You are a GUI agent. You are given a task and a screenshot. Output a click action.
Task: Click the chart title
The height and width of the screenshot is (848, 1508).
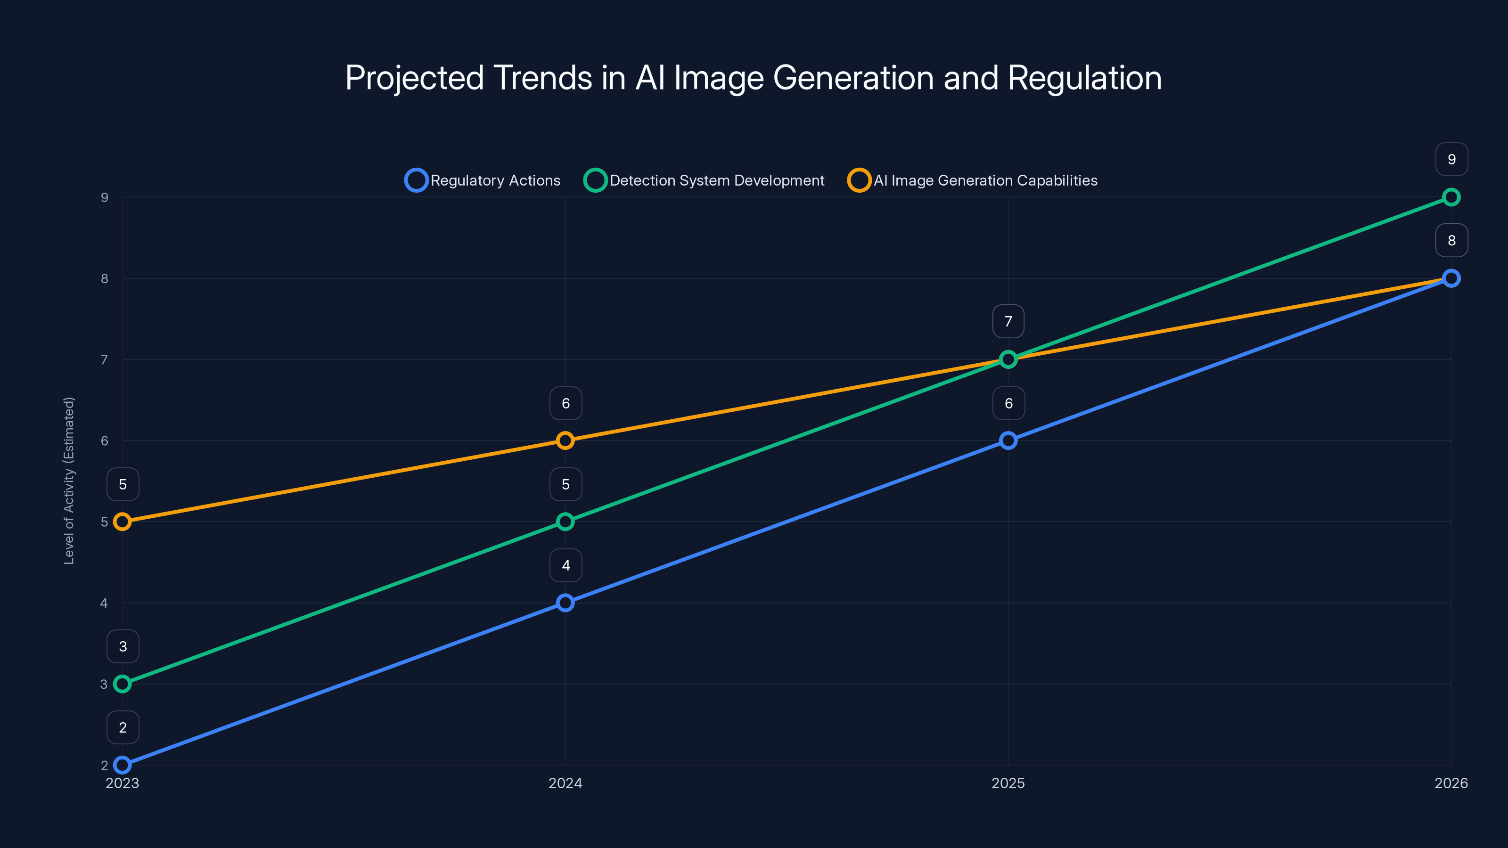(754, 77)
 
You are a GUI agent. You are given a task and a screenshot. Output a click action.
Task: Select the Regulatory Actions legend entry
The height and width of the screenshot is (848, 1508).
(483, 180)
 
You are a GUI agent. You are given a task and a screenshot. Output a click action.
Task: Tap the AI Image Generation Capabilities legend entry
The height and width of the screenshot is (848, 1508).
(973, 180)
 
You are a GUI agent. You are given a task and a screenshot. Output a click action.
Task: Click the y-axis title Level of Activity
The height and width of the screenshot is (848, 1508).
(69, 481)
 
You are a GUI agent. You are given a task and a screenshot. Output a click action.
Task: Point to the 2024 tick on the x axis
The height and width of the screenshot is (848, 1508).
(565, 783)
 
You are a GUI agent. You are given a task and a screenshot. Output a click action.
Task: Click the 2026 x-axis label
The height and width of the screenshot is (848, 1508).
(1451, 783)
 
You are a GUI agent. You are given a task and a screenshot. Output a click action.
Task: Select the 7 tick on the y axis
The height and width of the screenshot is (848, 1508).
(104, 359)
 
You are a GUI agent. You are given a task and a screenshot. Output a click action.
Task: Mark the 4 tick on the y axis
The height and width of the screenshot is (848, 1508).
(104, 603)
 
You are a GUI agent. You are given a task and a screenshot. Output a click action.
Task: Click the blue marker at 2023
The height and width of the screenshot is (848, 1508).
(123, 765)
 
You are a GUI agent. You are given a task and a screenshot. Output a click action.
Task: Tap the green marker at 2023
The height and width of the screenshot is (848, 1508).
(123, 684)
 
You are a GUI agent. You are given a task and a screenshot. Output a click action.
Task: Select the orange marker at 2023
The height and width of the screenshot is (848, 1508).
(123, 522)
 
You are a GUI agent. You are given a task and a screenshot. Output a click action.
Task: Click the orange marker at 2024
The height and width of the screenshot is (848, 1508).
(565, 440)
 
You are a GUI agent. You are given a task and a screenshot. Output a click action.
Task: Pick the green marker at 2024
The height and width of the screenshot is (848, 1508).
(565, 522)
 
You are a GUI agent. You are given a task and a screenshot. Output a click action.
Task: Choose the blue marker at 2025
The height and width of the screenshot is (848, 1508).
(1008, 440)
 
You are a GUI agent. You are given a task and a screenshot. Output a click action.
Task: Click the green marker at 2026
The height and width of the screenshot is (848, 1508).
(1451, 197)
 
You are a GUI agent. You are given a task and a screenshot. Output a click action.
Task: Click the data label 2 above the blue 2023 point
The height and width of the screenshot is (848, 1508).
(123, 727)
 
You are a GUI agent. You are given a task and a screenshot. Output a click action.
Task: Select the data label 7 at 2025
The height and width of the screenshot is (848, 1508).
(1008, 321)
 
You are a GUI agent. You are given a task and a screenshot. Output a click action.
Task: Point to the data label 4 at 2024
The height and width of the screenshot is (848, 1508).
(565, 565)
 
